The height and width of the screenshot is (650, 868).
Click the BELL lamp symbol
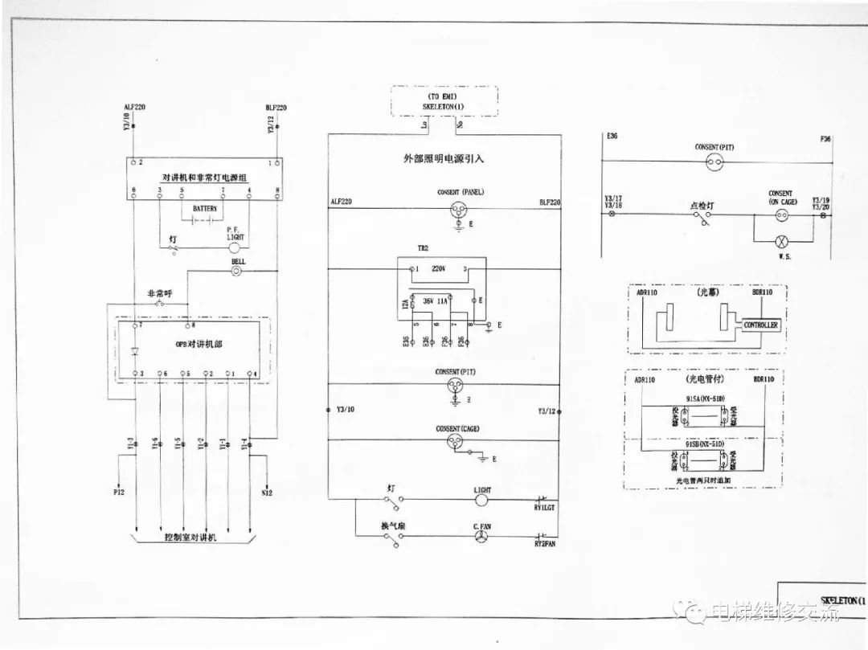tap(236, 272)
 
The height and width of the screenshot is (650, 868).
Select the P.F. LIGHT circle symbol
tap(234, 249)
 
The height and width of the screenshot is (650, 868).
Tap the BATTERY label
tap(205, 208)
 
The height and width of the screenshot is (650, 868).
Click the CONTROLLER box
tap(760, 325)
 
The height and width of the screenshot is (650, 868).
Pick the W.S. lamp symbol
tap(778, 241)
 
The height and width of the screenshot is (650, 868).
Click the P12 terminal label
tap(119, 491)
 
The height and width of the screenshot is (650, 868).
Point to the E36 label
tap(612, 137)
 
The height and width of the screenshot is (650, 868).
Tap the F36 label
tap(825, 140)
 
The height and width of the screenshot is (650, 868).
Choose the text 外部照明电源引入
tap(444, 159)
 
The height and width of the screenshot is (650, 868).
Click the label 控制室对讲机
tap(190, 537)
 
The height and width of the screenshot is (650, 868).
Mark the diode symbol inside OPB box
tap(134, 351)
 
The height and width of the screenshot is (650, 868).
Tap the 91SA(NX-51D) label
tap(705, 398)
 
